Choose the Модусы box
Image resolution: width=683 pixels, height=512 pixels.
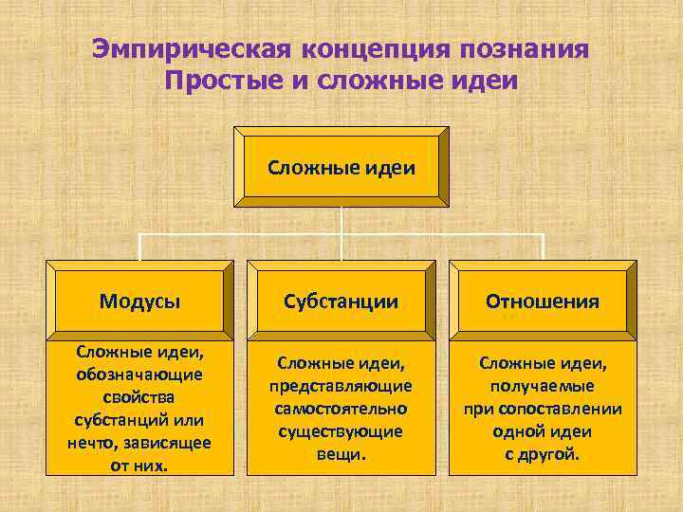click(x=140, y=302)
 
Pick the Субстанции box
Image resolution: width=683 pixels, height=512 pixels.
click(x=341, y=302)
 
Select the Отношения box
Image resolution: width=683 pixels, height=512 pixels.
click(x=543, y=302)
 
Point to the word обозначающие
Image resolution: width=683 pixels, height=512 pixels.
click(x=140, y=375)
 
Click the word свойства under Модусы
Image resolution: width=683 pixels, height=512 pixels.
click(x=140, y=396)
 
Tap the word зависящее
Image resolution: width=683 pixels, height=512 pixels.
click(x=168, y=441)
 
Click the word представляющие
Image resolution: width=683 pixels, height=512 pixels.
click(x=342, y=386)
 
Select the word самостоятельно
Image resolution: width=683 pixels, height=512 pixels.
click(x=341, y=409)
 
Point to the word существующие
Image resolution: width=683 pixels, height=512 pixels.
click(x=341, y=430)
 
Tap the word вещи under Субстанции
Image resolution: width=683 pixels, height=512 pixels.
click(x=341, y=453)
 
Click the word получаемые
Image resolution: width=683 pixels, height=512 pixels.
click(x=543, y=386)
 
